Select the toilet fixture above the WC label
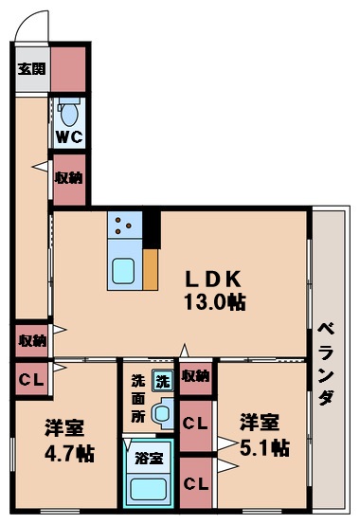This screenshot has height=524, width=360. tap(67, 112)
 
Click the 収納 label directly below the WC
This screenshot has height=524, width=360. tap(67, 177)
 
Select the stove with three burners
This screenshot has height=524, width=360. tap(124, 224)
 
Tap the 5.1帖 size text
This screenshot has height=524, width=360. tap(263, 448)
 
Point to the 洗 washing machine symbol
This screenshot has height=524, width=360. tap(163, 381)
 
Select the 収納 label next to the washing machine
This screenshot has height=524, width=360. tap(195, 376)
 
